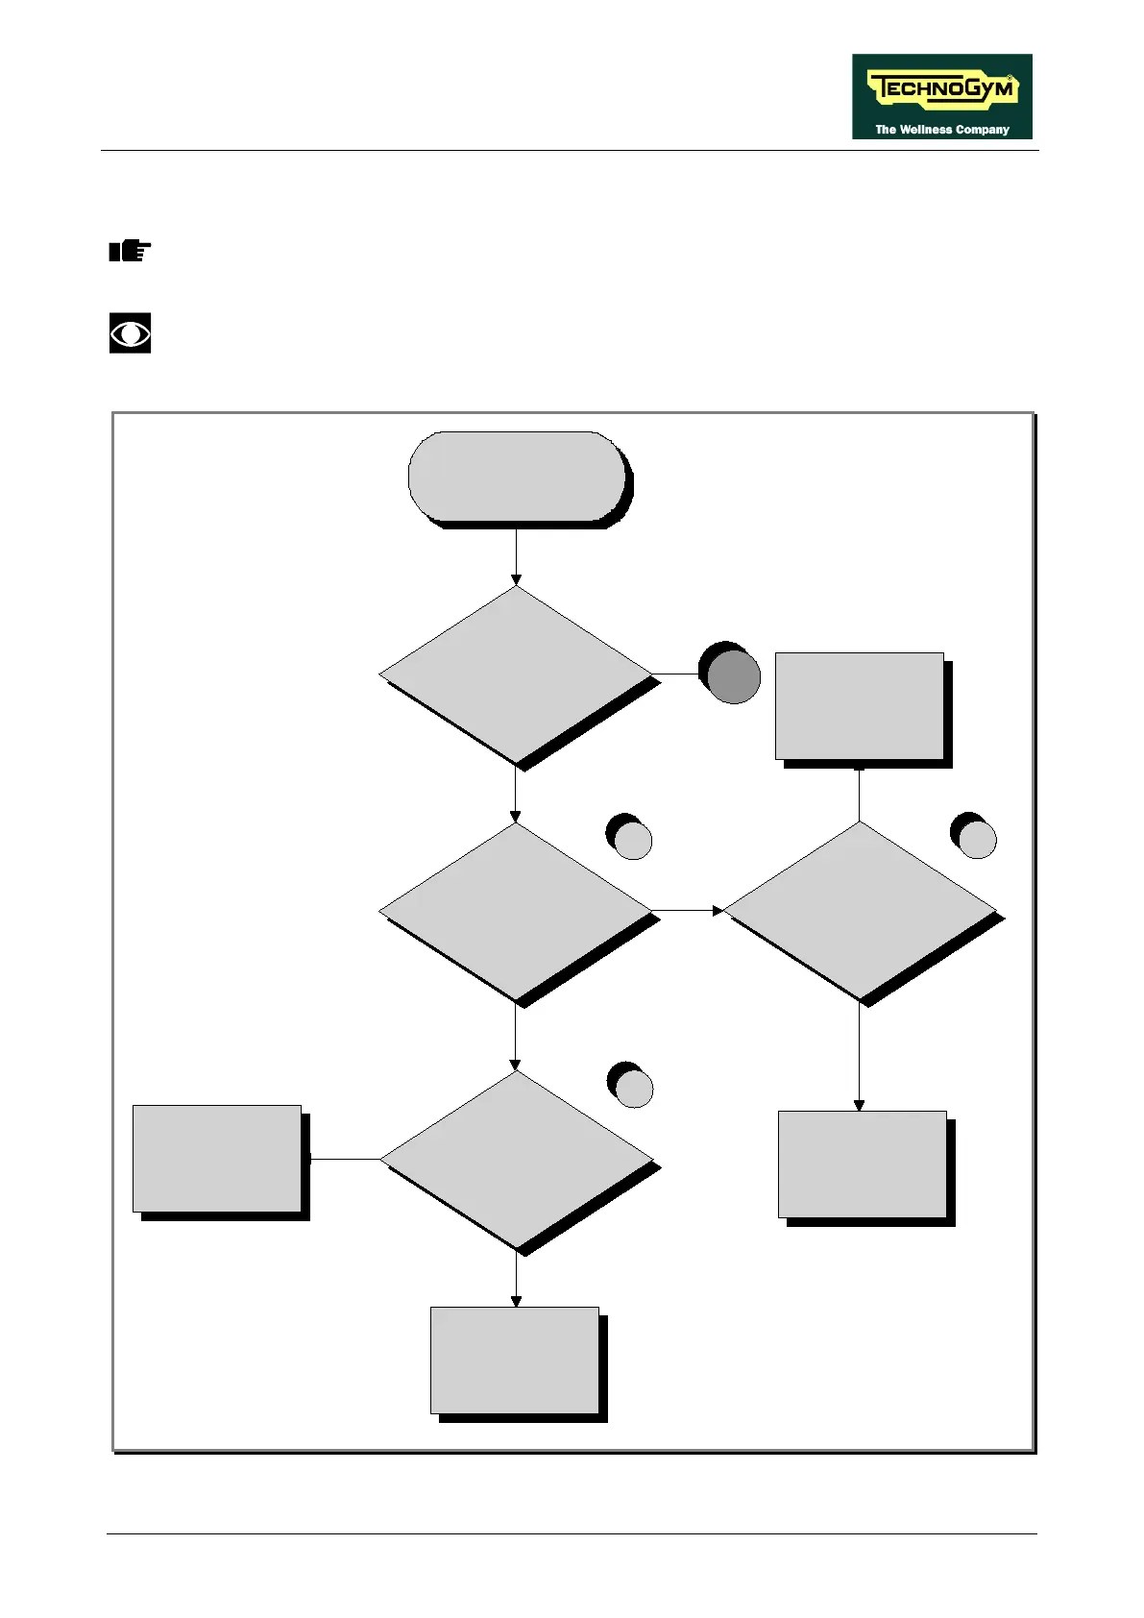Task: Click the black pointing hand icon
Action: point(130,252)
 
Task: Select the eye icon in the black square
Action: point(130,333)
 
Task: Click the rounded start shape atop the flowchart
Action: point(517,476)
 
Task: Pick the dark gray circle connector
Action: point(733,675)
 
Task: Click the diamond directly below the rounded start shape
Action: point(516,674)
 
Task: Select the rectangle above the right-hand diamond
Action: point(860,706)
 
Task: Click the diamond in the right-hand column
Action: point(860,911)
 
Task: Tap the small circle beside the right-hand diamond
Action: point(977,839)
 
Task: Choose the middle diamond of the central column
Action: point(516,911)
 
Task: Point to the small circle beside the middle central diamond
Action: point(632,839)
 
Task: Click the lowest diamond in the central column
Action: point(516,1160)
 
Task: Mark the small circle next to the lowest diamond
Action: point(633,1088)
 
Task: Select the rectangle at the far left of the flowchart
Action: point(217,1159)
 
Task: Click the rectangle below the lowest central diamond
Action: point(515,1360)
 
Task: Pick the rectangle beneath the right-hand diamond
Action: point(863,1164)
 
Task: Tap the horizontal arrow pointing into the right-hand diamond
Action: point(688,910)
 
